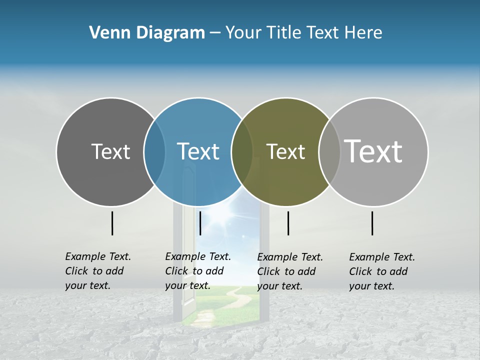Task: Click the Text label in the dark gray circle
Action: point(110,151)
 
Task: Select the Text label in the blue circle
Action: point(198,151)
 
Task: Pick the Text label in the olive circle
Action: point(285,151)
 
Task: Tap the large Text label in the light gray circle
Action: point(373,151)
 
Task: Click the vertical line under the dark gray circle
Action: point(112,223)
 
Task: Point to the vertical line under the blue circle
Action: point(200,223)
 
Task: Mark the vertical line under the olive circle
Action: point(288,223)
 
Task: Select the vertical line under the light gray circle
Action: point(372,223)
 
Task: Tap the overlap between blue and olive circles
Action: point(242,152)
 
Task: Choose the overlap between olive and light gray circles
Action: point(329,152)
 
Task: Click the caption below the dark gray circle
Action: point(98,271)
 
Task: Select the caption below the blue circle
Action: point(198,271)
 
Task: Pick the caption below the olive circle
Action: point(290,271)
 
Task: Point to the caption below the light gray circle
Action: point(382,271)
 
